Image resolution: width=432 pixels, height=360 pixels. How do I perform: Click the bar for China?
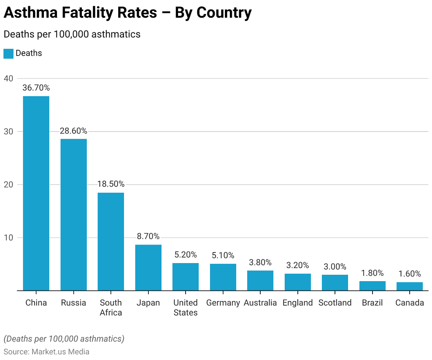pyautogui.click(x=36, y=193)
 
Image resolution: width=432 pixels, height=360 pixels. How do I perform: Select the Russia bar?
pyautogui.click(x=73, y=215)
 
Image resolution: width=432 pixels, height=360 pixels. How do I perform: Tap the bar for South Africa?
pyautogui.click(x=111, y=241)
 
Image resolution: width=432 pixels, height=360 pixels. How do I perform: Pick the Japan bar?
pyautogui.click(x=148, y=267)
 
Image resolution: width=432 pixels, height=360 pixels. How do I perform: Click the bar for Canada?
pyautogui.click(x=409, y=286)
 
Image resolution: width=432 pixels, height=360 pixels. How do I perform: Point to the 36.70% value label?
pyautogui.click(x=36, y=88)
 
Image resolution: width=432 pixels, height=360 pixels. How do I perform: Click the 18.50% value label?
pyautogui.click(x=111, y=184)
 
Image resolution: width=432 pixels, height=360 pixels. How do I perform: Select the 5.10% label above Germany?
pyautogui.click(x=223, y=255)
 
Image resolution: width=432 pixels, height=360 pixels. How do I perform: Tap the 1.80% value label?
pyautogui.click(x=372, y=273)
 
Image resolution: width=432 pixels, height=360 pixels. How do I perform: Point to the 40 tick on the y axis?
pyautogui.click(x=8, y=78)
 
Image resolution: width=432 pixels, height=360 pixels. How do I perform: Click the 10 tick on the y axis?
pyautogui.click(x=8, y=238)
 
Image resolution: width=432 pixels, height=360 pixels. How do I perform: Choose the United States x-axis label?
pyautogui.click(x=186, y=308)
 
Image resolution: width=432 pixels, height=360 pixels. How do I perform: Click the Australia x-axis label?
pyautogui.click(x=260, y=303)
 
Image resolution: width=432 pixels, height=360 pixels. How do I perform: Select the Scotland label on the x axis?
pyautogui.click(x=335, y=303)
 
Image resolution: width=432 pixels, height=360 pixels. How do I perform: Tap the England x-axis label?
pyautogui.click(x=298, y=303)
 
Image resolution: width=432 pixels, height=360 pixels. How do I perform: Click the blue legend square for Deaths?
pyautogui.click(x=8, y=54)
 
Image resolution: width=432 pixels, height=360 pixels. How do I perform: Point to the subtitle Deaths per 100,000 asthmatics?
pyautogui.click(x=72, y=34)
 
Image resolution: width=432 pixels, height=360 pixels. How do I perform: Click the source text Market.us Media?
pyautogui.click(x=60, y=352)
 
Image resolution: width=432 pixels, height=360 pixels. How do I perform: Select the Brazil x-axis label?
pyautogui.click(x=372, y=303)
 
